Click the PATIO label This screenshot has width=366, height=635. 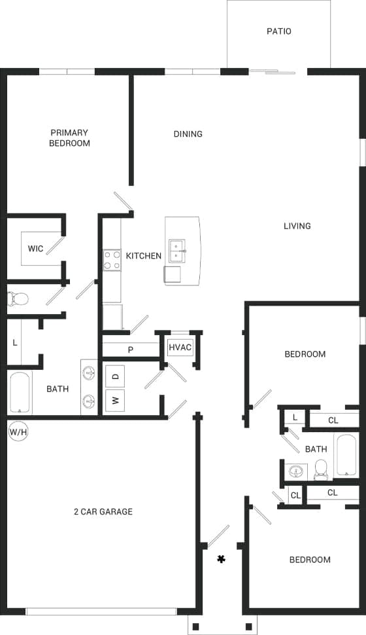pos(279,31)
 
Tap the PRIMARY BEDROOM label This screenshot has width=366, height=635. pos(69,138)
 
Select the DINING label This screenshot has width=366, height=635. pos(188,134)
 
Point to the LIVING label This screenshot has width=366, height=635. pos(297,227)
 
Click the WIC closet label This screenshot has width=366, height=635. pos(35,249)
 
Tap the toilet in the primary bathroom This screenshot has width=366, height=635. pos(18,299)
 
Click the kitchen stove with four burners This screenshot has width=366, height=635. pos(112,260)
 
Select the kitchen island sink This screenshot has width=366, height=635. pos(178,250)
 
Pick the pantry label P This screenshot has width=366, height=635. pos(131,350)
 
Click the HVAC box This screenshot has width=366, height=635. pos(180,347)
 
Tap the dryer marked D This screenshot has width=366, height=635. pos(115,376)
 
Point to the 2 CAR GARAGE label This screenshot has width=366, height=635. pos(103,511)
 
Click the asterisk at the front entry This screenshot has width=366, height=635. pos(222,559)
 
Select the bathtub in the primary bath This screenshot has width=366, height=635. pos(20,393)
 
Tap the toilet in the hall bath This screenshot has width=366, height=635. pos(321,468)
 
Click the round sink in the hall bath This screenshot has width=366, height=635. pos(298,471)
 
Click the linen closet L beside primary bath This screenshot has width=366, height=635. pos(14,342)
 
